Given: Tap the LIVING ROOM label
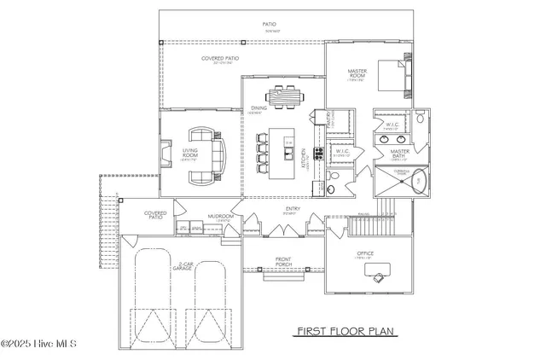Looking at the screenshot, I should (190, 154).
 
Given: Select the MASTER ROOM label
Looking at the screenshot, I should (357, 74).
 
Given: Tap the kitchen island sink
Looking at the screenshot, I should (291, 154).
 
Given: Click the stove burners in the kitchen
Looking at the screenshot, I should (319, 154).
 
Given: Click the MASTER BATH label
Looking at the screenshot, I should (400, 154).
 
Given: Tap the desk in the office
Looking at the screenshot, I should (376, 272).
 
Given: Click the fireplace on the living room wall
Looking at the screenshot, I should (164, 154).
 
